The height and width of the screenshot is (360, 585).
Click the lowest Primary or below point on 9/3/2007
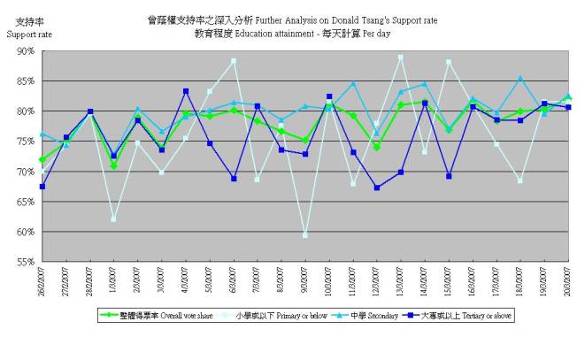coord(305,234)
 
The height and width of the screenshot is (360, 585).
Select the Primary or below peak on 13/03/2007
coord(401,57)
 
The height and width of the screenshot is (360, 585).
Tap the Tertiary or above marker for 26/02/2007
coord(42,186)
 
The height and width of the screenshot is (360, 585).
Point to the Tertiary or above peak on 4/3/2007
coord(186,91)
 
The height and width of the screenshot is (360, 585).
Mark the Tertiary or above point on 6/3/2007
coord(234,179)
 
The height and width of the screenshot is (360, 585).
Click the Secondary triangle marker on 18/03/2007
coord(520,79)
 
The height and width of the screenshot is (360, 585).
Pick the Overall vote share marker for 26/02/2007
coord(42,160)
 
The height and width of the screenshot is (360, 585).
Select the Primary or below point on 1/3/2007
coord(113,218)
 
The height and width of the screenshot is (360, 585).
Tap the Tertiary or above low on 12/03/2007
coord(377,188)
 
